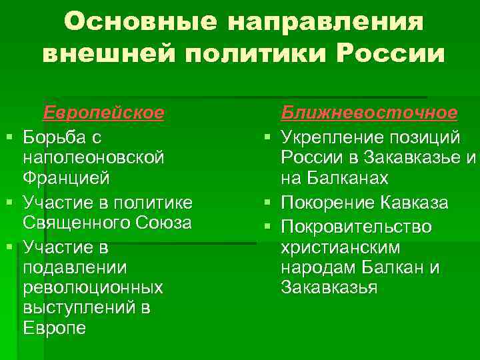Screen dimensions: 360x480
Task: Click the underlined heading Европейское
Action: pos(103,112)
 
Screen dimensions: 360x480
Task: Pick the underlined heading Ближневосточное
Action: pos(369,112)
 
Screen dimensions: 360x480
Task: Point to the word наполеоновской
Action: pos(93,158)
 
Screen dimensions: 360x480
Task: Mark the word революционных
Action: pos(92,288)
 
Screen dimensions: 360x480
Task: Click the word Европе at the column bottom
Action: pos(54,329)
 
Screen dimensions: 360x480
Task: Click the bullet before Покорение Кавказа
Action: pos(266,202)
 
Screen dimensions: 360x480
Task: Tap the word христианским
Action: pos(340,248)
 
